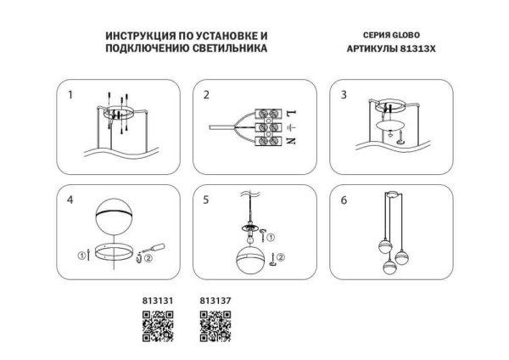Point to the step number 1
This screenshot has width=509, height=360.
pos(70,94)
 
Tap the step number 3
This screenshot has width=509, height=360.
pos(344,94)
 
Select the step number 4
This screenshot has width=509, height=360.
pos(70,200)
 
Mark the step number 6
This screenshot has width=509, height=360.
pos(344,200)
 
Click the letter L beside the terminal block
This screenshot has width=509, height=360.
pos(291,113)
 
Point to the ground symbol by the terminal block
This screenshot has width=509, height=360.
pos(291,127)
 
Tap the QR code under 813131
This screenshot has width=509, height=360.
pos(157,326)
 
